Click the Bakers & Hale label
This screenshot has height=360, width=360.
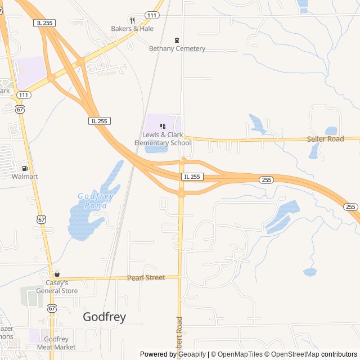pos(132,29)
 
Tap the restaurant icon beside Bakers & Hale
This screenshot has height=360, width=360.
pos(132,20)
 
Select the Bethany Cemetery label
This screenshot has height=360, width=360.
pos(177,48)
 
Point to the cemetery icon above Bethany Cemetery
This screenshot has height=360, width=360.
pos(177,40)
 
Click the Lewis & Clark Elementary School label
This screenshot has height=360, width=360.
pos(163,139)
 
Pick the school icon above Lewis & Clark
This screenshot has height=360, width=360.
pos(163,126)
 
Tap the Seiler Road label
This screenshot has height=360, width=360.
pos(325,139)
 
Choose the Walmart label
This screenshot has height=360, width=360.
pos(25,176)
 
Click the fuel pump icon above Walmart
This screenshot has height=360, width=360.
pos(25,168)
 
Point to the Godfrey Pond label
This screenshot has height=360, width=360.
pos(96,200)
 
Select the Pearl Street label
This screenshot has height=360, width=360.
pos(146,277)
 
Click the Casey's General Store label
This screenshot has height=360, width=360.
pos(57,287)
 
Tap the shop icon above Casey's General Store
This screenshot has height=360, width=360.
pos(57,274)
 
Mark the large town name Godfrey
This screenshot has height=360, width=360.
pos(104,317)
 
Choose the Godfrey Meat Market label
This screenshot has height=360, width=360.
pos(56,343)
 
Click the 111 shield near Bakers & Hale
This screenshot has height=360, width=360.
pos(151,15)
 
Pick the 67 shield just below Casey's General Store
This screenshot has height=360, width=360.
pos(52,308)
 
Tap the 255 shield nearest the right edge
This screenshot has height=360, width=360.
pos(350,207)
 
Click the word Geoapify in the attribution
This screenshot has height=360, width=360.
pos(191,354)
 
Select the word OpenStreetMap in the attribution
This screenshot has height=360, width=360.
pos(292,354)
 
